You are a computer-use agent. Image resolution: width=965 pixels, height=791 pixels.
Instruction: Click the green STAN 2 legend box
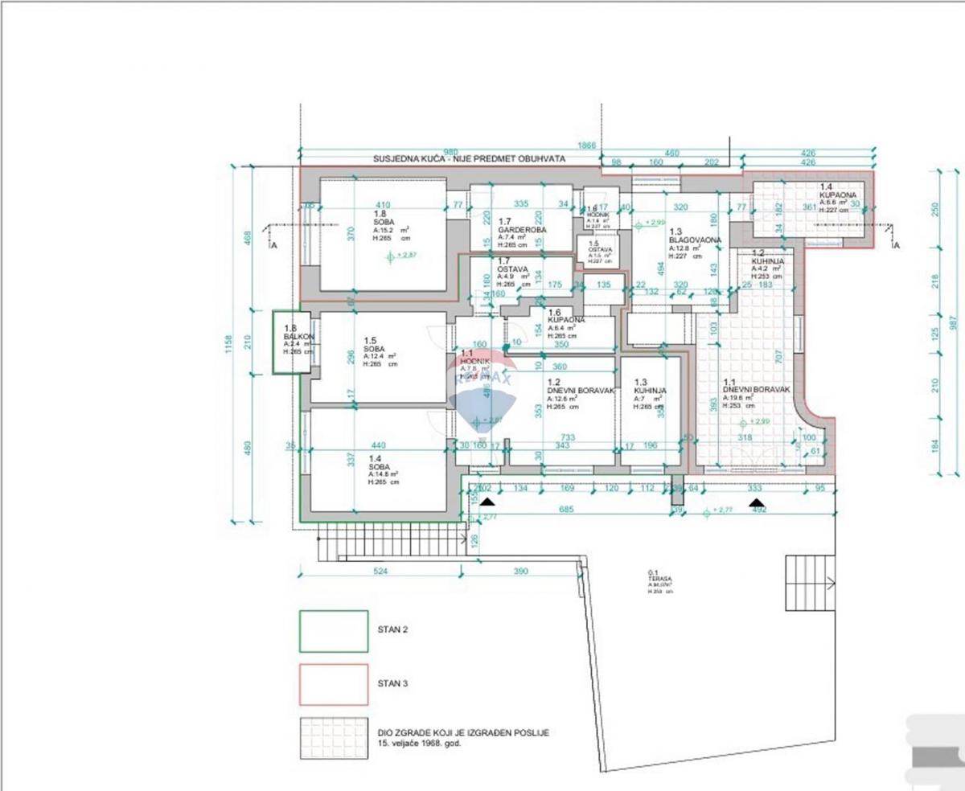point(334,631)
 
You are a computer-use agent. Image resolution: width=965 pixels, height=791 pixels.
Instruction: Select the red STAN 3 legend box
point(334,684)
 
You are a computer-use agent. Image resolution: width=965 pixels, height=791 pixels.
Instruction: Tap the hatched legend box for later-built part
point(334,738)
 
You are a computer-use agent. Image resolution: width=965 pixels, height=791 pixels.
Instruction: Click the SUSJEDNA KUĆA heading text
point(469,159)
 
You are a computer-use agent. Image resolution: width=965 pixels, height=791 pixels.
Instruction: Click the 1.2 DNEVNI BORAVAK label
point(576,388)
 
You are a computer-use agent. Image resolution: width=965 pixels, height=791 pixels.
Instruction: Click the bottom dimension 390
point(520,572)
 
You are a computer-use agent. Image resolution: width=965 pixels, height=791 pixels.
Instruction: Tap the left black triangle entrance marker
point(486,502)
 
